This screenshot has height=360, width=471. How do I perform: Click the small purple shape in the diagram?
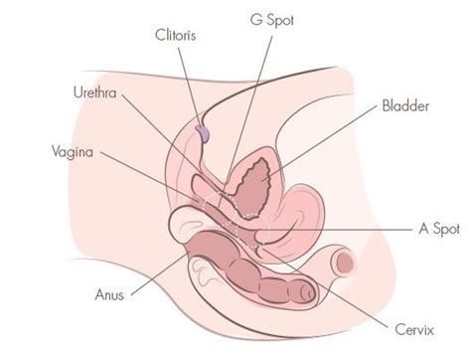(x=204, y=129)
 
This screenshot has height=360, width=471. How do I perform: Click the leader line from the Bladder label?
(x=328, y=139)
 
